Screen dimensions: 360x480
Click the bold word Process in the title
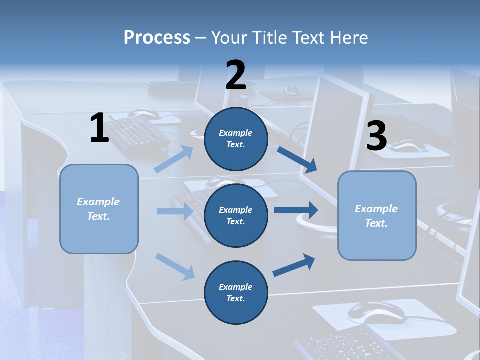[x=157, y=37]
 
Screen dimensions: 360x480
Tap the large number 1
[x=99, y=128]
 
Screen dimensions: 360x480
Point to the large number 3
[x=376, y=136]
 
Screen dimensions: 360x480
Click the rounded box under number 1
[x=99, y=209]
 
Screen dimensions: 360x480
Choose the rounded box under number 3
[x=377, y=215]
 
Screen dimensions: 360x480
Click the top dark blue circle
[x=236, y=139]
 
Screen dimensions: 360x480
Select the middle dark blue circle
[x=236, y=215]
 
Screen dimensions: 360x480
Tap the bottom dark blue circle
[x=236, y=292]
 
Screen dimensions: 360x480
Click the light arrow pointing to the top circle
[x=174, y=159]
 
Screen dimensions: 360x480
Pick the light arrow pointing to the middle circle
[x=175, y=211]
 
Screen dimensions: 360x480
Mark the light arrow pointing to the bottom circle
[x=175, y=266]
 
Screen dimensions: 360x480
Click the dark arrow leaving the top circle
[x=297, y=159]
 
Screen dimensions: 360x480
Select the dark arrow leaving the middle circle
[x=295, y=210]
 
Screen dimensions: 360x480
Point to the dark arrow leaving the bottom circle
[x=294, y=265]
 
